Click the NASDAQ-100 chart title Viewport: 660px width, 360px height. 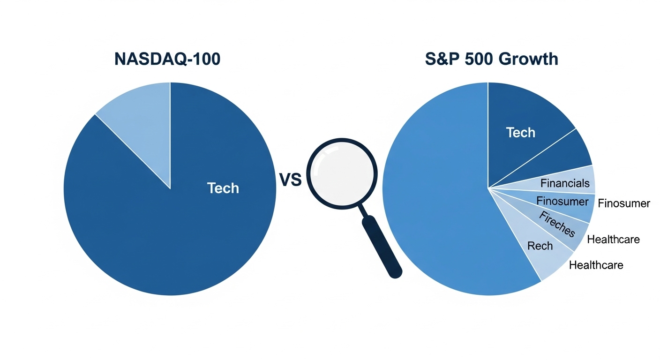coord(167,59)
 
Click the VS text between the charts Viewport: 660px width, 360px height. coord(291,180)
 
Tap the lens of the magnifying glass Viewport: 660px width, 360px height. coord(342,173)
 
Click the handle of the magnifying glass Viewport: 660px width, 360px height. coord(382,246)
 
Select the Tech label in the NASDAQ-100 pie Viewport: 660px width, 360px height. coord(223,188)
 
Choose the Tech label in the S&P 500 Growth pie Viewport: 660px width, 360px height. coord(521,133)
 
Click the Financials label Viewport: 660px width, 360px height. coord(565,183)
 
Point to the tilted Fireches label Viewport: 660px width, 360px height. coord(557,224)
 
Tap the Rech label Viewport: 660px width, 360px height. coord(540,246)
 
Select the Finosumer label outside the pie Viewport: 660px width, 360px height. coord(624,203)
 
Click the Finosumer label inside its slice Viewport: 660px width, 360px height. coord(562,201)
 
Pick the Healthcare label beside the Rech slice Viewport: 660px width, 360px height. coord(596,265)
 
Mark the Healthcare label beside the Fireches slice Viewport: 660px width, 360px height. coord(613,240)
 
